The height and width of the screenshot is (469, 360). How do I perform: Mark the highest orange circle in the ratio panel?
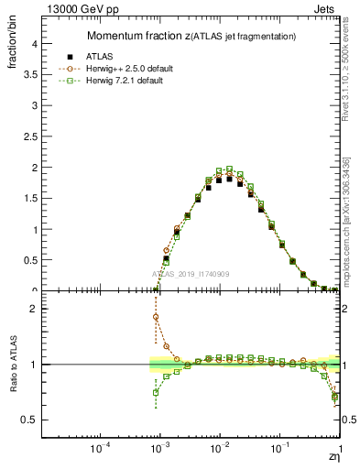(157, 317)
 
